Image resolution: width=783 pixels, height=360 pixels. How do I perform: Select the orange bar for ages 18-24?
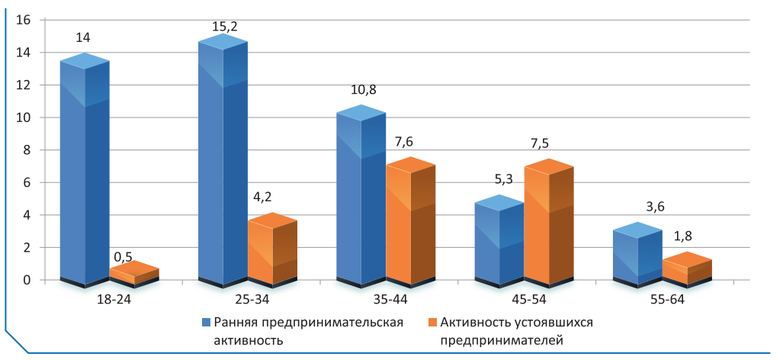[x=134, y=273]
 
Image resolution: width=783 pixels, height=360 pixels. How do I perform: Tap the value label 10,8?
[x=362, y=91]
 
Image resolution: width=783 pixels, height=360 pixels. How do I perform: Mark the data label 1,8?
[x=686, y=237]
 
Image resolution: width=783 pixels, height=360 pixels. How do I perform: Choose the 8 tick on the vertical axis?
[x=26, y=150]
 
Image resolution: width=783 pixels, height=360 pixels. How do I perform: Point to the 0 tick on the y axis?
[x=26, y=280]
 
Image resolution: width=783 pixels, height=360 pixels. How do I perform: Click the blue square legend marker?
[x=205, y=323]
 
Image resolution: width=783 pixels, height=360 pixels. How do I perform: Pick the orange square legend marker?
[x=432, y=323]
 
